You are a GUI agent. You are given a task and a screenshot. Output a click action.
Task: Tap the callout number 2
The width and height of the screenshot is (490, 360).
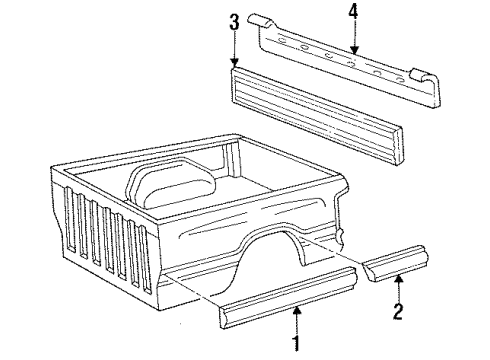(398, 313)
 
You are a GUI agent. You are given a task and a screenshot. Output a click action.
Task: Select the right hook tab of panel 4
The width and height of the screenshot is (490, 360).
(422, 74)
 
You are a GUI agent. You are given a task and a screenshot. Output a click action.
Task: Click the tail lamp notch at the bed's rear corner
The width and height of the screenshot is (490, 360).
(344, 235)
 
